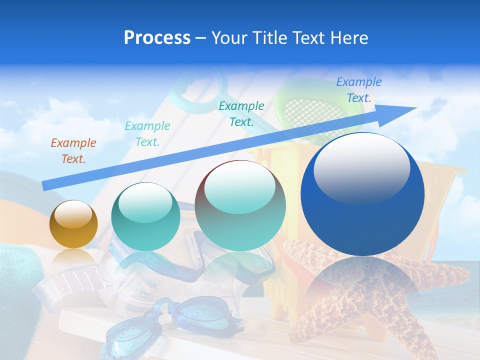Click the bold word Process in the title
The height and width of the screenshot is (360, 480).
(157, 38)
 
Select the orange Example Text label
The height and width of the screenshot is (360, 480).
(73, 151)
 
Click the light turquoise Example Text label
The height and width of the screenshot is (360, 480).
(147, 134)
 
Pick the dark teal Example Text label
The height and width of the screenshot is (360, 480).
(241, 113)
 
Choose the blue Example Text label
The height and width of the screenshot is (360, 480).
(358, 90)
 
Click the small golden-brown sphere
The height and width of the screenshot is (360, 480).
(73, 224)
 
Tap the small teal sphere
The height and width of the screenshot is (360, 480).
(145, 217)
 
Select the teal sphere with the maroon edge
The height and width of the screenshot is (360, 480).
(240, 206)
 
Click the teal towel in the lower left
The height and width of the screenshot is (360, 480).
(17, 280)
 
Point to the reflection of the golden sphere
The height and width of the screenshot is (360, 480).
(73, 257)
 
